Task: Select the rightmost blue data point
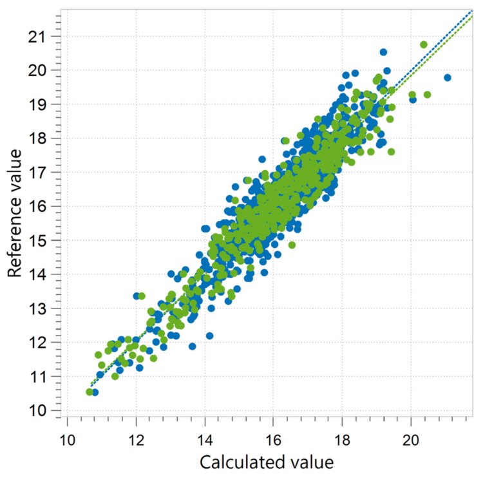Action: point(448,77)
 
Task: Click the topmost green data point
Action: point(423,44)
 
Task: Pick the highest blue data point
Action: point(383,52)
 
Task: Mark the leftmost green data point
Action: point(89,392)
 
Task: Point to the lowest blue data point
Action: point(95,392)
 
